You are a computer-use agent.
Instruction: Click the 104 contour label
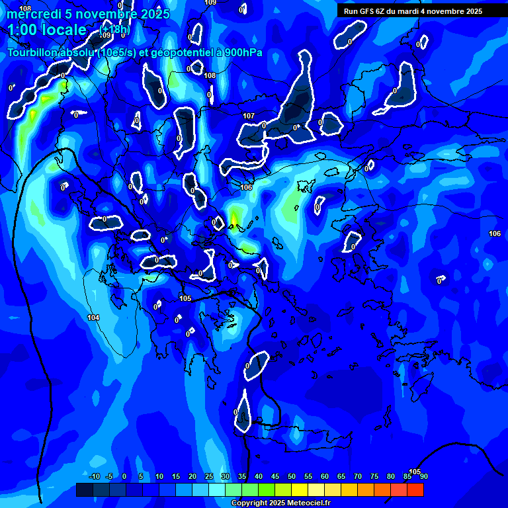[93, 317]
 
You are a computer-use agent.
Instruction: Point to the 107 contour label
[249, 116]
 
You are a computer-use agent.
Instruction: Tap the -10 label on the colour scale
[94, 476]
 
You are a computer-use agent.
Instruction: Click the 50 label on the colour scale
[291, 476]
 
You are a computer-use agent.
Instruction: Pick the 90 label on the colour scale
[423, 476]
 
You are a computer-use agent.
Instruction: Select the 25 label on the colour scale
[208, 476]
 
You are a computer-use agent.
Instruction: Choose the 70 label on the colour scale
[357, 476]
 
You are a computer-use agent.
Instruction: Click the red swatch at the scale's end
[415, 489]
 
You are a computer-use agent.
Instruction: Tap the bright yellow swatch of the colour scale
[300, 489]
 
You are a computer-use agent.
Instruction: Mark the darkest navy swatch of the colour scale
[84, 489]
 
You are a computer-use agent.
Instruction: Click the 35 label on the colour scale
[241, 476]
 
